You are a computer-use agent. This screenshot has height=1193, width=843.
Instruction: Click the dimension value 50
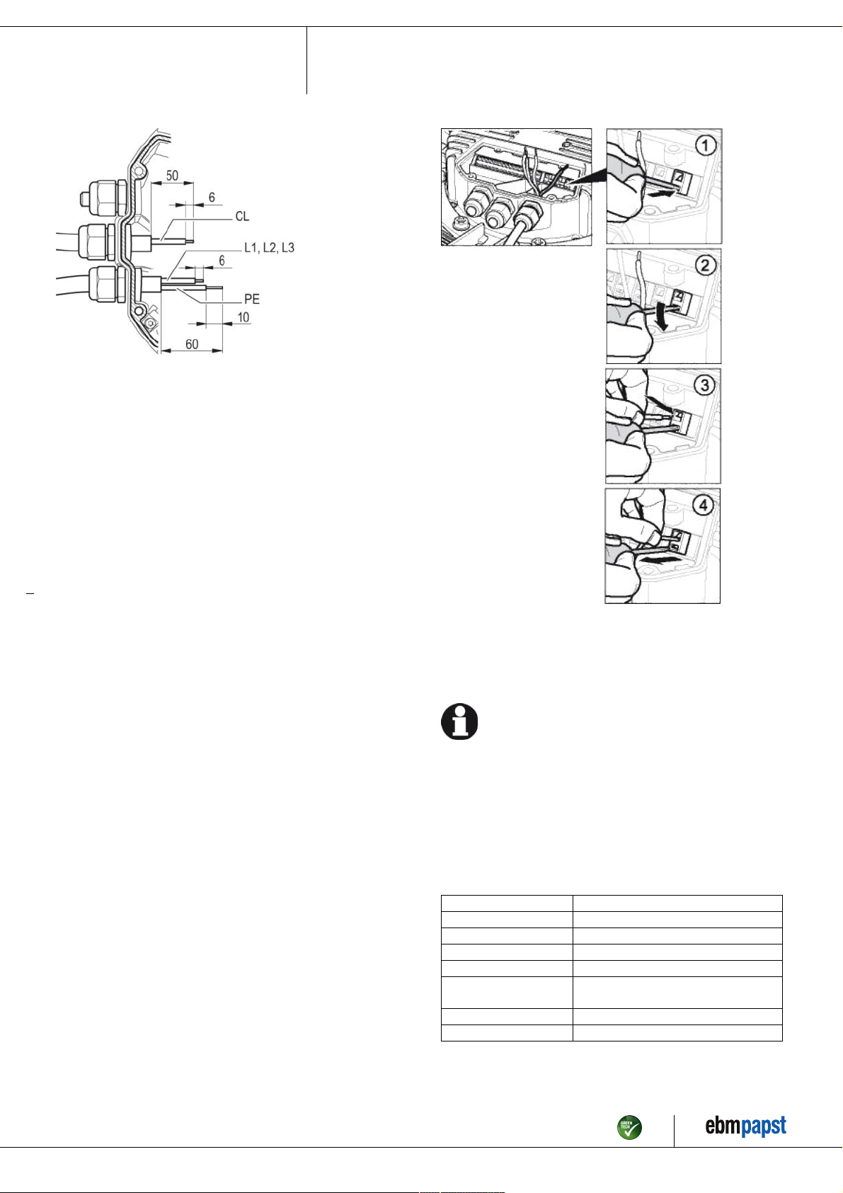pyautogui.click(x=172, y=176)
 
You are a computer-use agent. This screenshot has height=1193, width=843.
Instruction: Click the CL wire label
pyautogui.click(x=242, y=216)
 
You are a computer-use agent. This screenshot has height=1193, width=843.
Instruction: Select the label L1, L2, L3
pyautogui.click(x=270, y=248)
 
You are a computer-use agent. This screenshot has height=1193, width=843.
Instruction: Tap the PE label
pyautogui.click(x=252, y=299)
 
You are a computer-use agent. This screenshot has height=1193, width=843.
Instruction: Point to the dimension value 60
pyautogui.click(x=192, y=344)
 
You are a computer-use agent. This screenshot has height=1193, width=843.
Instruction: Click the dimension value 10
pyautogui.click(x=243, y=317)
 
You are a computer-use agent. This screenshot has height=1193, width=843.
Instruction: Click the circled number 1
pyautogui.click(x=706, y=145)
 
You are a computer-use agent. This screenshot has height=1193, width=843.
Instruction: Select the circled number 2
pyautogui.click(x=706, y=266)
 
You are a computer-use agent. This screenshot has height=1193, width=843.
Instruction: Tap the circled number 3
pyautogui.click(x=704, y=385)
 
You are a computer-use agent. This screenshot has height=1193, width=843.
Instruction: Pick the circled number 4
pyautogui.click(x=704, y=505)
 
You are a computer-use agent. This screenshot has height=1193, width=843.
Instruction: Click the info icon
pyautogui.click(x=459, y=721)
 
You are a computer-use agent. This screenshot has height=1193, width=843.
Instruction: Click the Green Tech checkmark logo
pyautogui.click(x=629, y=1127)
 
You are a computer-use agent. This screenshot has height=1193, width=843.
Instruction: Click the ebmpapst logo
pyautogui.click(x=745, y=1125)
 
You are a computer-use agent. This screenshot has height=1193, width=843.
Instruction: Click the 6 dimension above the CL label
pyautogui.click(x=212, y=198)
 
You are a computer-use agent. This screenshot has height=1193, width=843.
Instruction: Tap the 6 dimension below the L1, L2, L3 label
pyautogui.click(x=222, y=261)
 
